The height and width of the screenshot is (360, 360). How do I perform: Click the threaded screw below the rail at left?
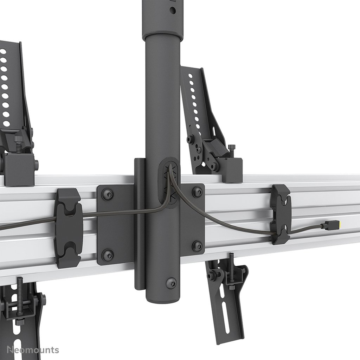tap(19, 292)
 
